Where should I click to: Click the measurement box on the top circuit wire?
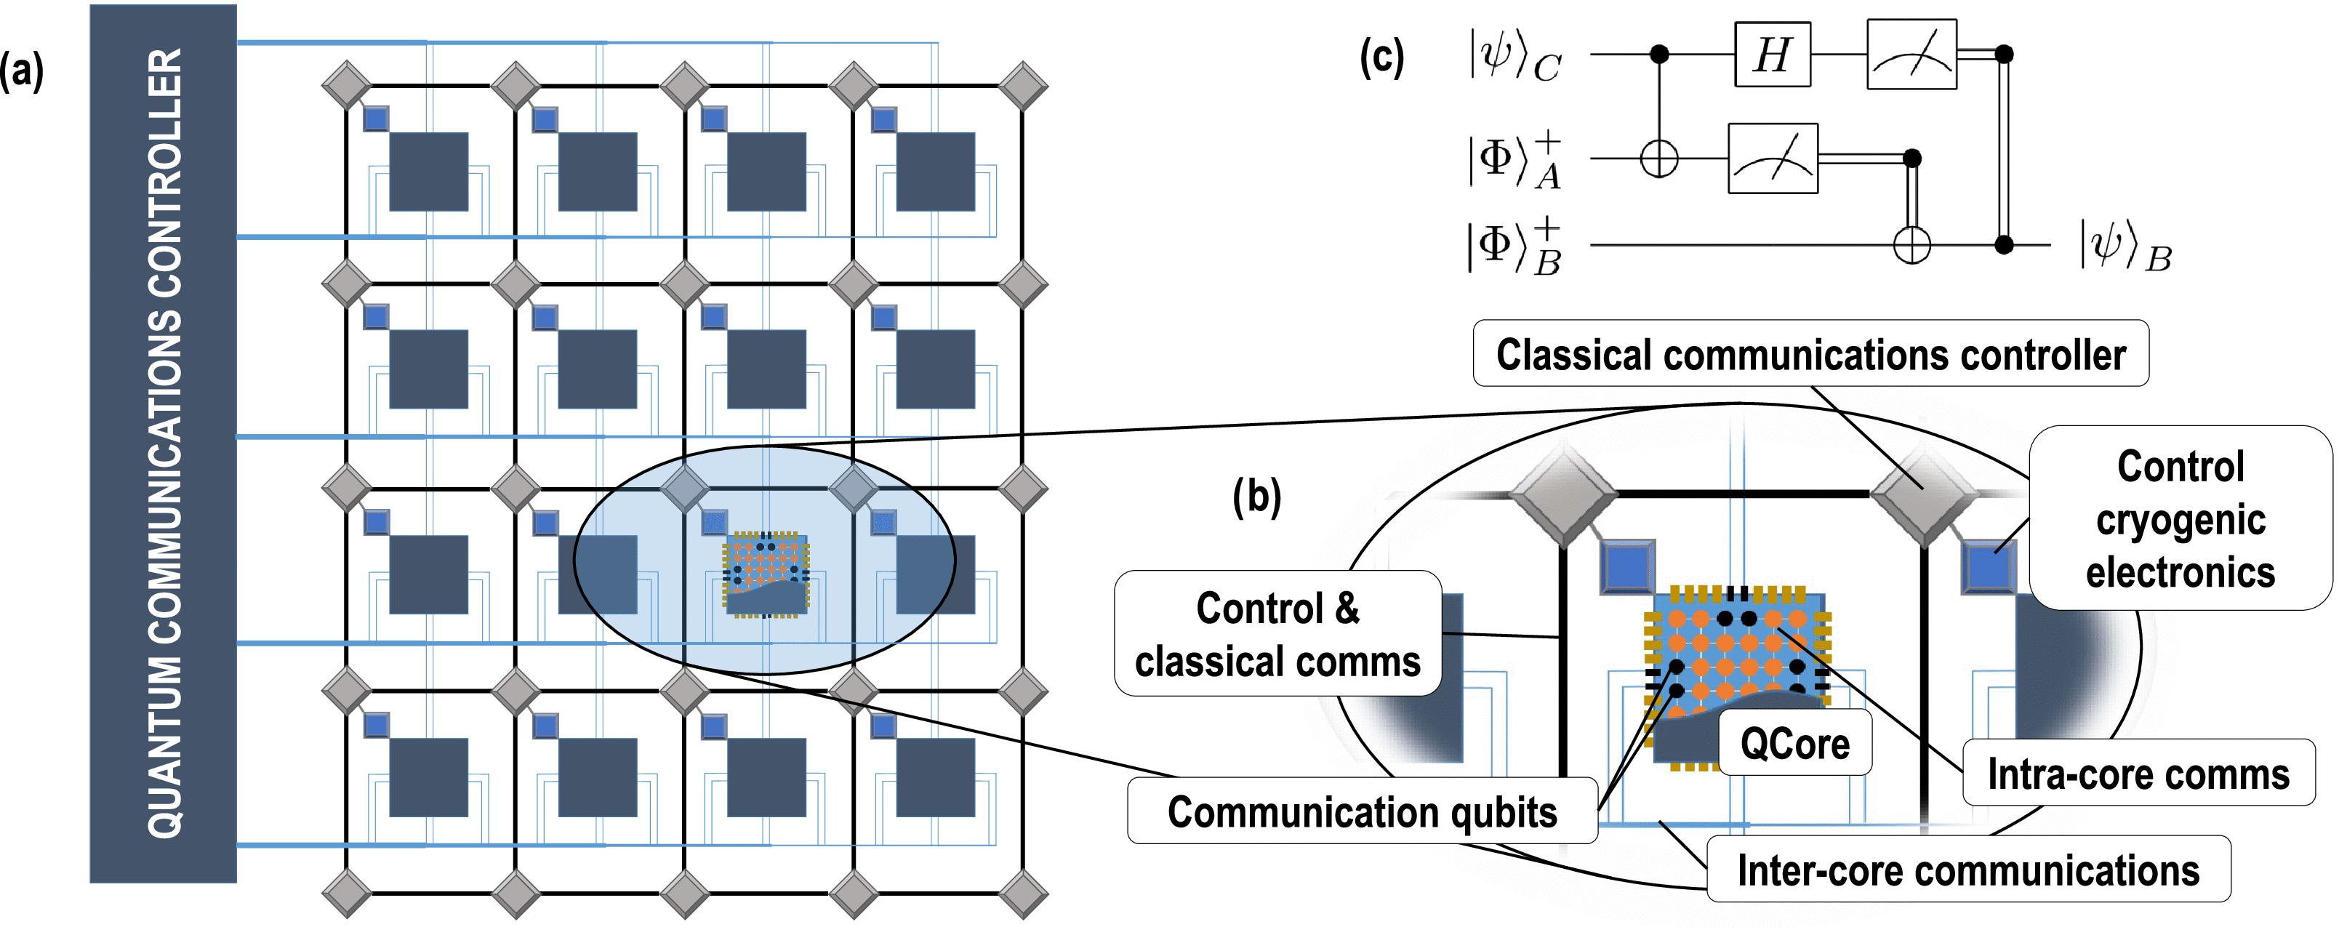1911,55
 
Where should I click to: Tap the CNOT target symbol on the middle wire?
1659,160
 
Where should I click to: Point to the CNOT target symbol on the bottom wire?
1911,244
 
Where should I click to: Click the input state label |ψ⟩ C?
1514,56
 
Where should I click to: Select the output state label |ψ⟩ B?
2125,246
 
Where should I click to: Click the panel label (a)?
22,71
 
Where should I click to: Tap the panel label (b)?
1256,496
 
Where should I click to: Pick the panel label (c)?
1381,56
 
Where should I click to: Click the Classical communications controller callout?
1810,354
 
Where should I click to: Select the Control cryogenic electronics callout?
2179,518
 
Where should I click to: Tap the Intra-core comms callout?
2138,774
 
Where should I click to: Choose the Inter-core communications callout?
1967,870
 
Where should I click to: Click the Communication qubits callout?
1361,811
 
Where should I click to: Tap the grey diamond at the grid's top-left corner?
347,87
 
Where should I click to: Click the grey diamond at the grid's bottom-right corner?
1023,894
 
